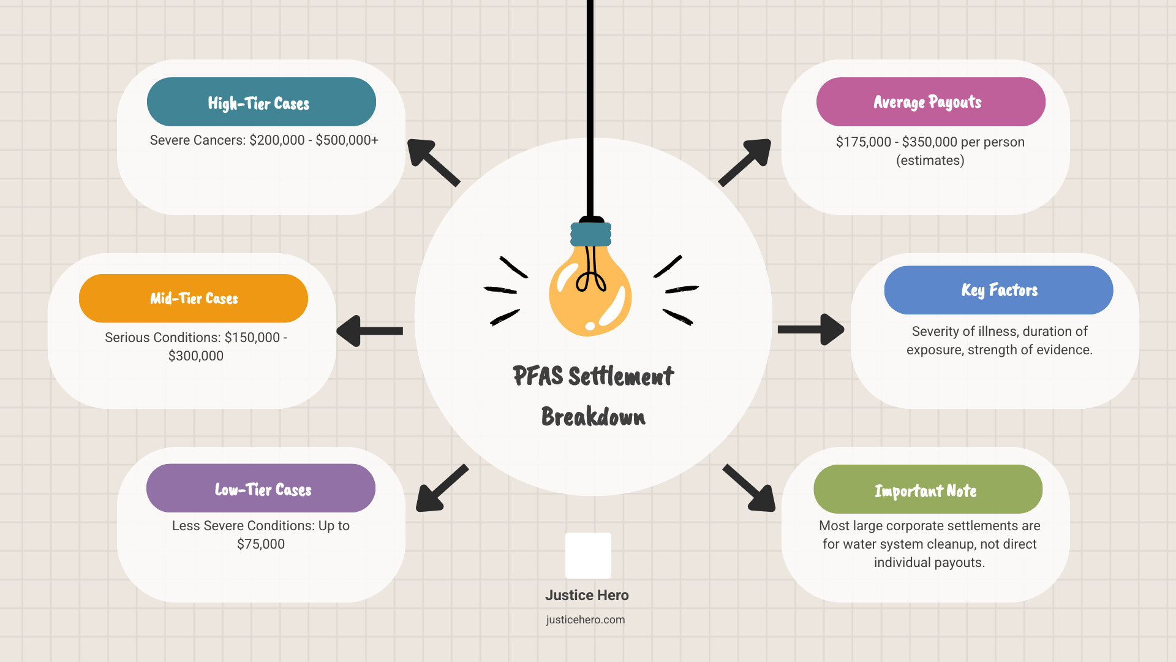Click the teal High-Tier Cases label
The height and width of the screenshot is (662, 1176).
pyautogui.click(x=262, y=102)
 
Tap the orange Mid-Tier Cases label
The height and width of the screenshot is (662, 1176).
pyautogui.click(x=194, y=299)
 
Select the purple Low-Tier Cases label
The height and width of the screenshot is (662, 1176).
pyautogui.click(x=261, y=489)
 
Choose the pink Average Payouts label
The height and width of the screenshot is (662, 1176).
pyautogui.click(x=931, y=102)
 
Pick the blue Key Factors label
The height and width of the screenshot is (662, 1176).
pyautogui.click(x=999, y=290)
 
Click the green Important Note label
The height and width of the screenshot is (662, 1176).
pyautogui.click(x=928, y=489)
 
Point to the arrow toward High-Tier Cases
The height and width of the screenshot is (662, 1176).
pyautogui.click(x=433, y=162)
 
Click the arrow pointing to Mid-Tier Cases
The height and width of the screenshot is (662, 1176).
pyautogui.click(x=369, y=331)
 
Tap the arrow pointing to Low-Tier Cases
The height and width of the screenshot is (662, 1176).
pyautogui.click(x=442, y=488)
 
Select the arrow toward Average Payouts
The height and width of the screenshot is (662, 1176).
pyautogui.click(x=745, y=162)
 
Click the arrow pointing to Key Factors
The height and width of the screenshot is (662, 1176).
pyautogui.click(x=811, y=330)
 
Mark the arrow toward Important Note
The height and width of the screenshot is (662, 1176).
pyautogui.click(x=749, y=488)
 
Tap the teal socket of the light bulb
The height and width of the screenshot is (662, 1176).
pyautogui.click(x=591, y=234)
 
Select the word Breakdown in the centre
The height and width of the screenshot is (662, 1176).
pyautogui.click(x=593, y=417)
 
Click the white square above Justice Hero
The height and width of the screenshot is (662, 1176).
pyautogui.click(x=588, y=555)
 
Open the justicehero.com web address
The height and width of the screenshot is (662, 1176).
pyautogui.click(x=586, y=620)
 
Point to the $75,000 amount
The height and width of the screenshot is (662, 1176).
pyautogui.click(x=261, y=544)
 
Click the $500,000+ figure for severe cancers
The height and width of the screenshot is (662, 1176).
pyautogui.click(x=347, y=140)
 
